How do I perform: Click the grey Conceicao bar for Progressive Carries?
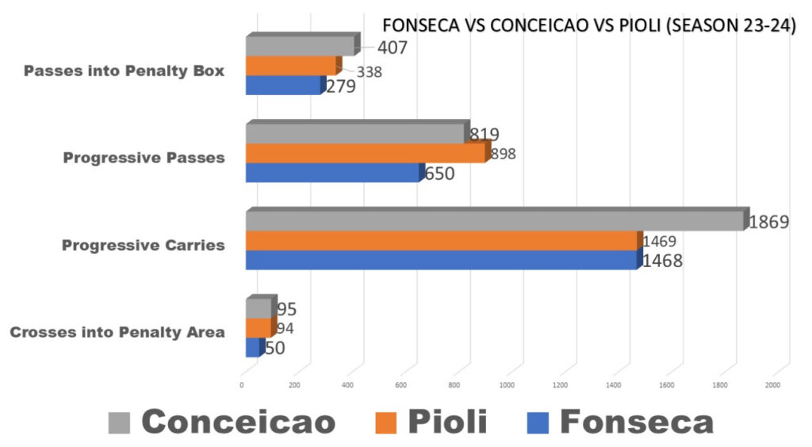(x=496, y=222)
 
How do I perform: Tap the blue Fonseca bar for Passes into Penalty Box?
(x=284, y=86)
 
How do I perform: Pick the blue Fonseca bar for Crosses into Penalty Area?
(x=253, y=348)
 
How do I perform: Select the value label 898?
(x=504, y=154)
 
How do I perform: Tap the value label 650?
(x=439, y=174)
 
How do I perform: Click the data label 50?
(x=275, y=348)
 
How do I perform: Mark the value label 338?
(x=370, y=72)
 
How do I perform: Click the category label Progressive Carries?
(x=143, y=246)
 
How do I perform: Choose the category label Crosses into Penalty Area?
(x=117, y=332)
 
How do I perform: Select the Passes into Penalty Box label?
(x=124, y=71)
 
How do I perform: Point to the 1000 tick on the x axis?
(x=507, y=385)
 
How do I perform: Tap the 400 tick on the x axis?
(x=348, y=385)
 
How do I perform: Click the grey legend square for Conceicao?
(x=118, y=423)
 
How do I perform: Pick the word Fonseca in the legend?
(x=636, y=422)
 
